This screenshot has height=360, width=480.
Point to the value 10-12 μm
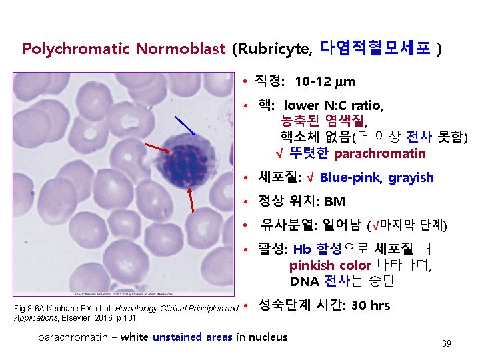[324, 82]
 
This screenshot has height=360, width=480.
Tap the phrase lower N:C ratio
[333, 105]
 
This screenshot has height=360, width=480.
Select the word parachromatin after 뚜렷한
[379, 154]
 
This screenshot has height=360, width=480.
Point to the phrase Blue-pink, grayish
[377, 178]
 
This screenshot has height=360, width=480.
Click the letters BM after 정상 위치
[335, 201]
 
